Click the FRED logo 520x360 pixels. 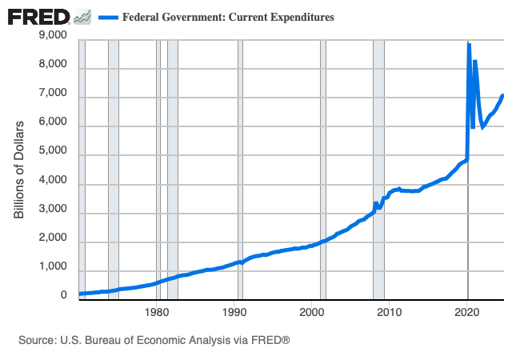pyautogui.click(x=38, y=16)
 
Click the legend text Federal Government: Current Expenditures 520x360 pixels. pyautogui.click(x=228, y=17)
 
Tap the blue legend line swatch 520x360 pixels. pyautogui.click(x=107, y=17)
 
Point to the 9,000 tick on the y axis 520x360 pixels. pyautogui.click(x=53, y=35)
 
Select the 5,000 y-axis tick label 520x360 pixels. pyautogui.click(x=53, y=152)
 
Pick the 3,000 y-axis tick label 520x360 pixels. pyautogui.click(x=53, y=210)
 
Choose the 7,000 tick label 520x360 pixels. pyautogui.click(x=53, y=94)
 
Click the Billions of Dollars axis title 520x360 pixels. pyautogui.click(x=20, y=169)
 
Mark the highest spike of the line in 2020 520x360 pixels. pyautogui.click(x=469, y=45)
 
